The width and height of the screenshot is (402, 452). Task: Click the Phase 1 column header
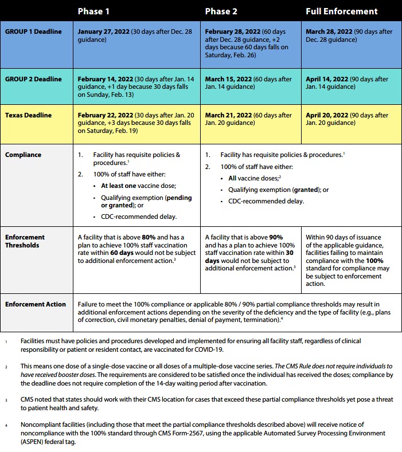tap(94, 11)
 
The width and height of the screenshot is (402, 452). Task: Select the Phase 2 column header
tap(221, 11)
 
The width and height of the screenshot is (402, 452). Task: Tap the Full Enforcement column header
tap(342, 11)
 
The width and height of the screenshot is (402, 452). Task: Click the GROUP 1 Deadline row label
tap(33, 32)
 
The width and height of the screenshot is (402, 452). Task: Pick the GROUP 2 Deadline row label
tap(33, 80)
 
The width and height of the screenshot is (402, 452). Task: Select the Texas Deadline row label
tap(29, 115)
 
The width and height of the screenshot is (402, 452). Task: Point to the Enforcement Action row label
tap(35, 304)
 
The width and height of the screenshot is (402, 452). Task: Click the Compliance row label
tap(24, 155)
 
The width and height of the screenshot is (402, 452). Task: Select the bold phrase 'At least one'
tap(122, 186)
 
